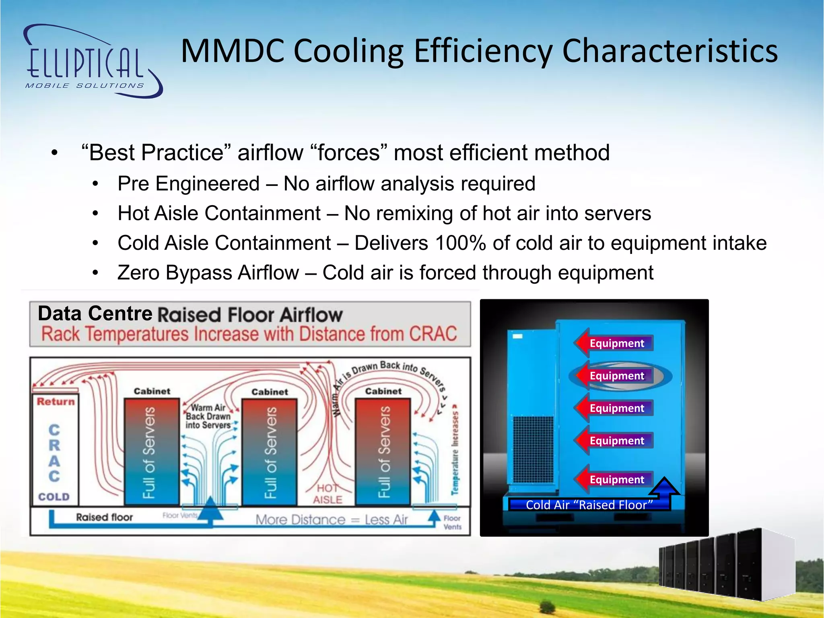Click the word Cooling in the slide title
348,51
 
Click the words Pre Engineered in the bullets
188,184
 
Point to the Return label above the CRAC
56,402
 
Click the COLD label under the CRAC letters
54,497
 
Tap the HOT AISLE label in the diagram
328,494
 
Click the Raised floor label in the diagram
104,517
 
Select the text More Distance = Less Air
332,520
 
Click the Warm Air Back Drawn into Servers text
208,416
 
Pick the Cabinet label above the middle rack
270,392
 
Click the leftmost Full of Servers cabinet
151,451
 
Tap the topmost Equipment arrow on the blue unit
614,343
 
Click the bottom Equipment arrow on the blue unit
614,480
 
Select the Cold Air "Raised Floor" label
589,505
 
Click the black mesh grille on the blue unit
533,450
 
